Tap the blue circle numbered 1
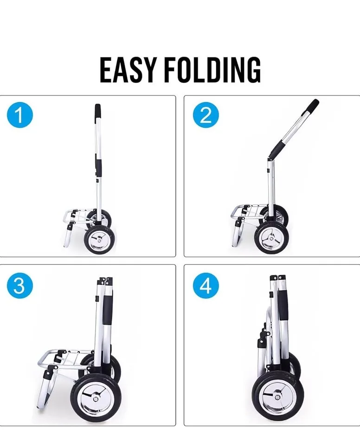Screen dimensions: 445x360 click(20, 115)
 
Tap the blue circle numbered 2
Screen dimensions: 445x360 click(206, 115)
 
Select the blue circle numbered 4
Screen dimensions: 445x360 click(206, 287)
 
